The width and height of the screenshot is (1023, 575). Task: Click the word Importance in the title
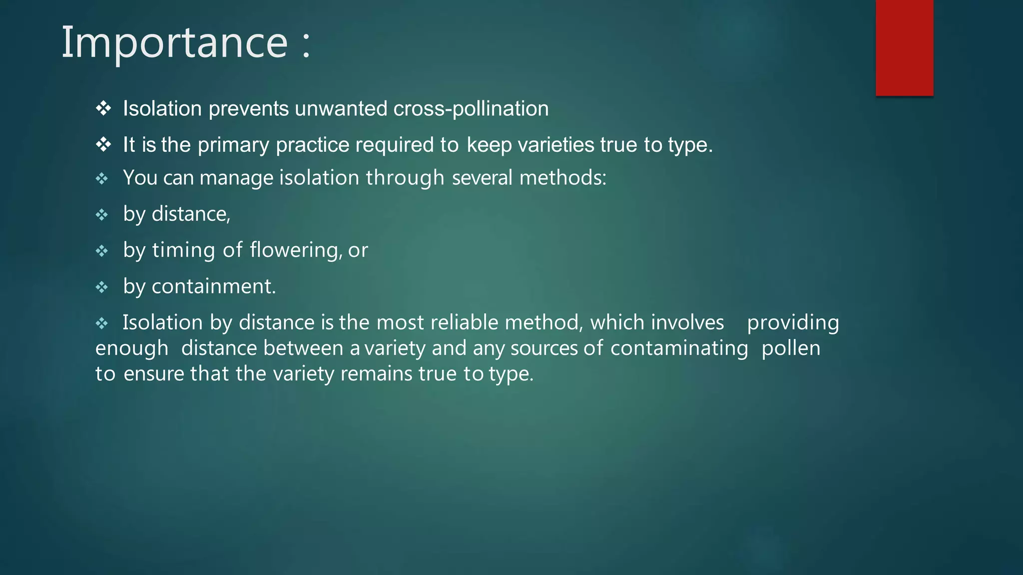pyautogui.click(x=174, y=43)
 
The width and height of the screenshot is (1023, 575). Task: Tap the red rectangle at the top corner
pyautogui.click(x=904, y=47)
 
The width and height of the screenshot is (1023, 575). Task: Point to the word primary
pyautogui.click(x=233, y=145)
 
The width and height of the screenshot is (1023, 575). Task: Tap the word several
pyautogui.click(x=482, y=178)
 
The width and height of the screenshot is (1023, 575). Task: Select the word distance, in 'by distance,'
pyautogui.click(x=191, y=214)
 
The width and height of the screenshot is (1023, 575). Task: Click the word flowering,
pyautogui.click(x=296, y=250)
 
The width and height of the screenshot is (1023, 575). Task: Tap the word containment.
pyautogui.click(x=213, y=287)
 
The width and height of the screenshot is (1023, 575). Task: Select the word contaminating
pyautogui.click(x=679, y=348)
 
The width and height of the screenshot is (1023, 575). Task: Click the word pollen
pyautogui.click(x=791, y=348)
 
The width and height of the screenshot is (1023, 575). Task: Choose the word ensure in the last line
pyautogui.click(x=154, y=374)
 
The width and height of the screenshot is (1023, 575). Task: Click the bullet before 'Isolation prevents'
pyautogui.click(x=103, y=108)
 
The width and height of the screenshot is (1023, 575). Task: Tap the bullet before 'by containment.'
pyautogui.click(x=102, y=287)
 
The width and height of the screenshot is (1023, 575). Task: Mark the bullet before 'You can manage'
pyautogui.click(x=102, y=179)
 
